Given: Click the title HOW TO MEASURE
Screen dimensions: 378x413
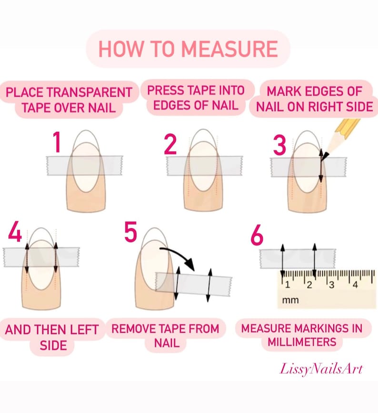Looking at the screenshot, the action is point(188,49).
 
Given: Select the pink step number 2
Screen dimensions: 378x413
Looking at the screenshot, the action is point(170,144).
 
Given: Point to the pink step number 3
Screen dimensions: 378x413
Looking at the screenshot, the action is point(279,145).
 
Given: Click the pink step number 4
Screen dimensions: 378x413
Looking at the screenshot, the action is point(15,231).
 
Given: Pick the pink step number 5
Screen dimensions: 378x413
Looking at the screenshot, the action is point(130,232).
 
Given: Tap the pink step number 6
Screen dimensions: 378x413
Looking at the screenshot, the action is point(257,235).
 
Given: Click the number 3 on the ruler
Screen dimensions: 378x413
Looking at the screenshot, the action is point(331,285).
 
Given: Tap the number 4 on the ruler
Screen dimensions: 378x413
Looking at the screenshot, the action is point(355,285).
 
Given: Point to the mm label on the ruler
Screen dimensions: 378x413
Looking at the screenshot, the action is point(290,300).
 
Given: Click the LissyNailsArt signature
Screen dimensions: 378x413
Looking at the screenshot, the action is point(321,369).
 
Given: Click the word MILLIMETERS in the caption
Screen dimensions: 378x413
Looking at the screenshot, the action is point(302,342).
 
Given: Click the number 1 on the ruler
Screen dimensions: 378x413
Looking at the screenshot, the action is point(287,285).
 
